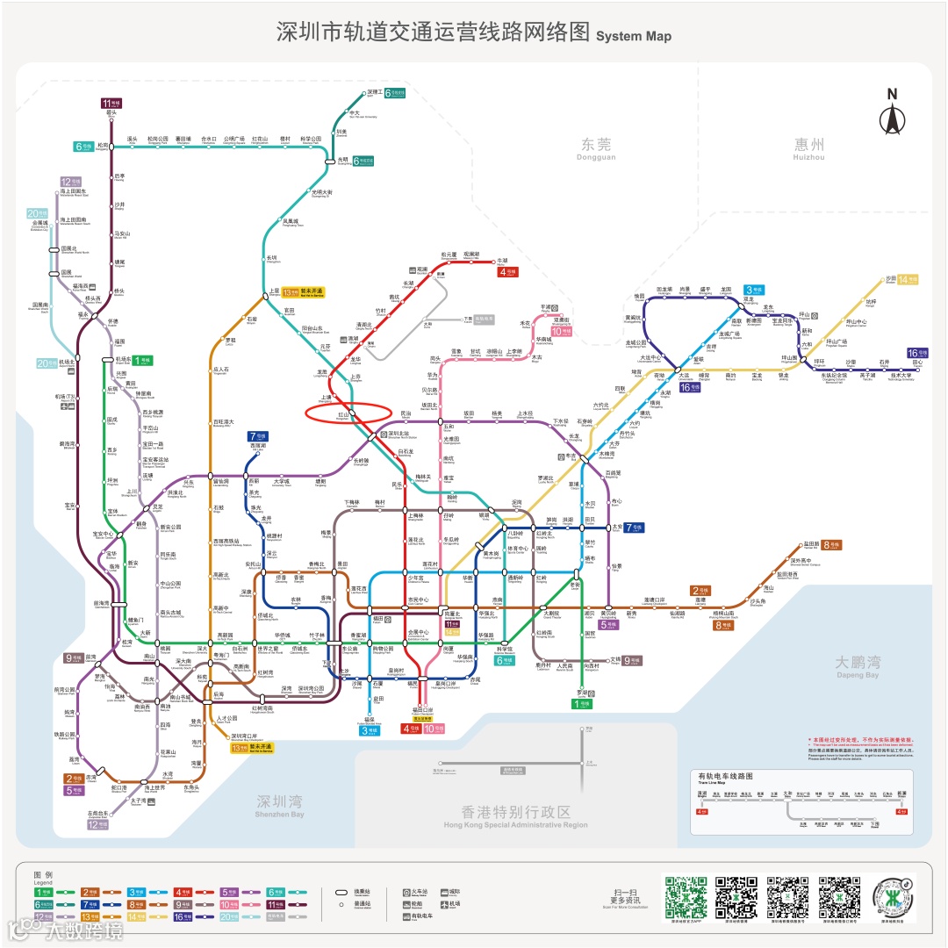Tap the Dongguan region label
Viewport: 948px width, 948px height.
597,148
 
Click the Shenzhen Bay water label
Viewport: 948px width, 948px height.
280,805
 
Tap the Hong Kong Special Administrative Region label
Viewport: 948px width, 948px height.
514,816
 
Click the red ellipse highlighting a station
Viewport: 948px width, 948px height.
347,413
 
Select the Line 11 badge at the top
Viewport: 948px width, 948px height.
111,103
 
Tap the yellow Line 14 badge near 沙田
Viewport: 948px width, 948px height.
907,279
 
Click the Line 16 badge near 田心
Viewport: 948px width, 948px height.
917,353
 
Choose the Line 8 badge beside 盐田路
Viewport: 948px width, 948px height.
831,545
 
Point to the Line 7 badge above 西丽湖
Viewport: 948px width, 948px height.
257,436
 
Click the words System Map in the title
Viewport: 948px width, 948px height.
634,36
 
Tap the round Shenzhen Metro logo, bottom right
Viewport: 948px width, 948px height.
893,898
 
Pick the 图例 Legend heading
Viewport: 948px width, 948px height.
43,874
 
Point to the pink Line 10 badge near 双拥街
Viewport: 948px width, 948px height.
561,332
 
